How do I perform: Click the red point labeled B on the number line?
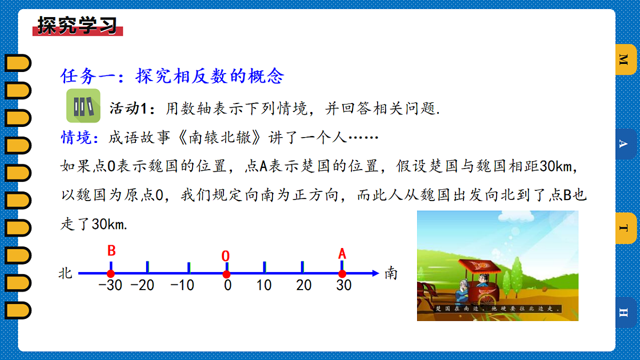[x=111, y=274]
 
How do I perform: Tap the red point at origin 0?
[x=226, y=274]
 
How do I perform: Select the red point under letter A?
[x=342, y=274]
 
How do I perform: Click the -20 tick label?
[x=142, y=285]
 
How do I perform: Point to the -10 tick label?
[x=182, y=285]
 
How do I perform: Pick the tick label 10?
[x=264, y=285]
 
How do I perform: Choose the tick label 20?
[x=304, y=285]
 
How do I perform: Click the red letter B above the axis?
[x=111, y=251]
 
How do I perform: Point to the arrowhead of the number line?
[x=375, y=274]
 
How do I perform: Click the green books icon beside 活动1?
[x=83, y=106]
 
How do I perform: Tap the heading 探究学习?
[x=77, y=25]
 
